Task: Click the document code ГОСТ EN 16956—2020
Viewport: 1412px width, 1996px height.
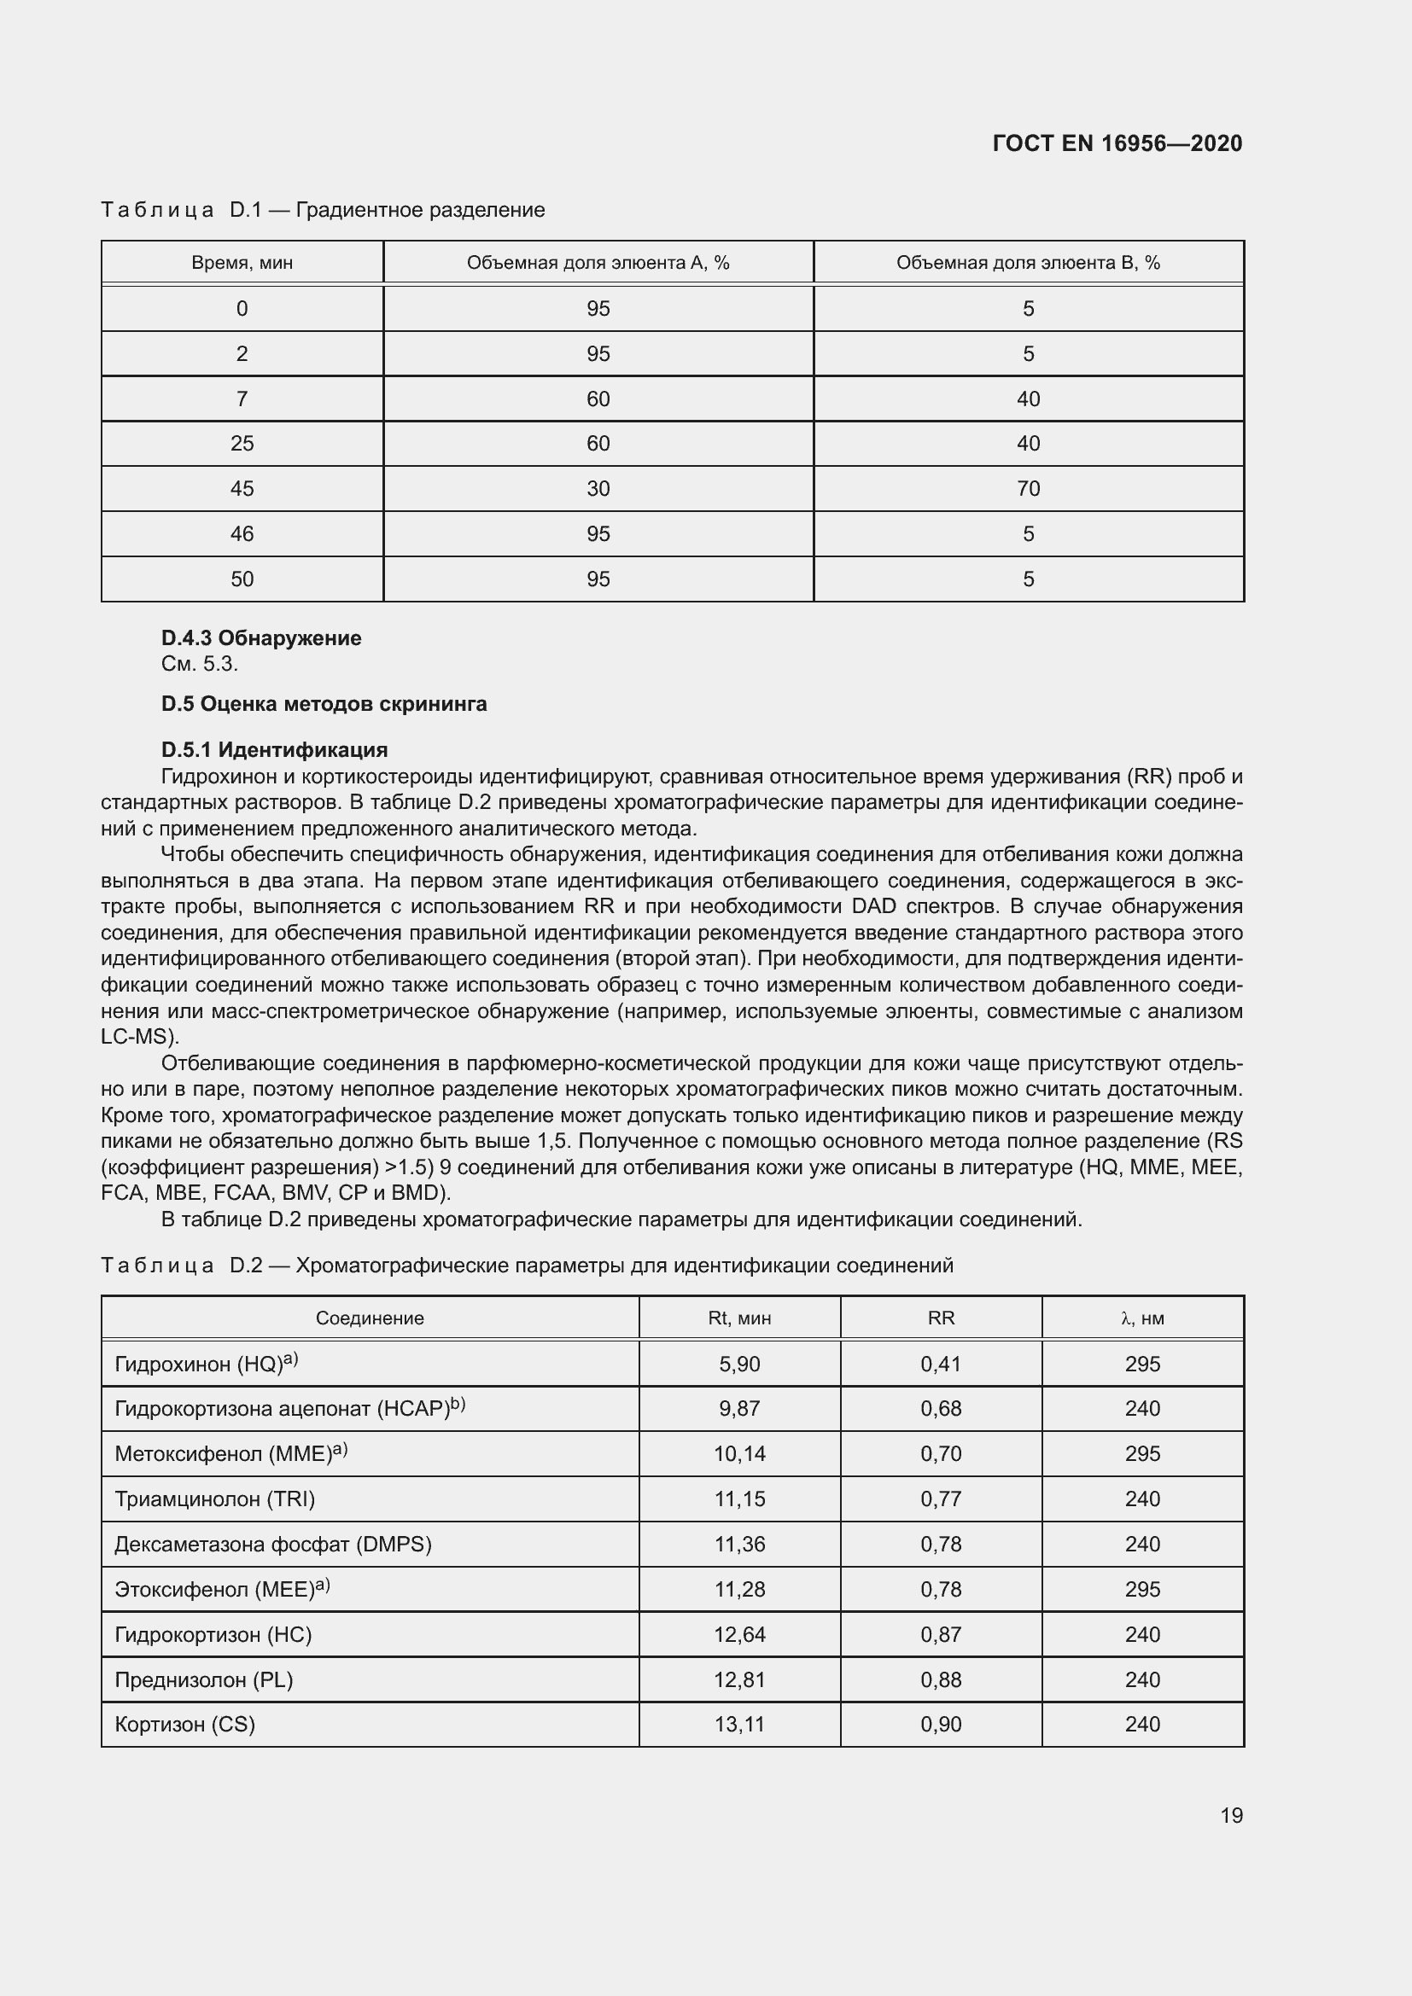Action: click(1117, 143)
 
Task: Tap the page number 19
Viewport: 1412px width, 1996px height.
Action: click(1231, 1815)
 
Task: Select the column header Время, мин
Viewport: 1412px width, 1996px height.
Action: click(242, 263)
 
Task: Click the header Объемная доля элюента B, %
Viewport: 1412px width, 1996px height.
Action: click(1028, 263)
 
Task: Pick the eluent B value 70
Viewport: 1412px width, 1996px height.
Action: click(1028, 489)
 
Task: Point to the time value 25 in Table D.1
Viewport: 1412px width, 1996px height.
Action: click(242, 444)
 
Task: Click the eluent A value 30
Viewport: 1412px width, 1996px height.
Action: click(598, 489)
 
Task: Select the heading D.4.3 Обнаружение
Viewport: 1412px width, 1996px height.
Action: click(261, 638)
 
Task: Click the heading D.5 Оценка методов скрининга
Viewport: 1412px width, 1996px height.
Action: click(324, 704)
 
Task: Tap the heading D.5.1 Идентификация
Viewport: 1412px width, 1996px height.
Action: click(274, 749)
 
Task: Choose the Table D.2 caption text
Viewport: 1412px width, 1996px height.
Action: click(527, 1265)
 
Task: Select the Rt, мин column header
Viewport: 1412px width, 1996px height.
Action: click(739, 1318)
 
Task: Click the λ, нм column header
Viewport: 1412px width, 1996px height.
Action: click(1142, 1318)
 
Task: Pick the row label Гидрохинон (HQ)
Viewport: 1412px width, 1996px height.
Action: click(205, 1364)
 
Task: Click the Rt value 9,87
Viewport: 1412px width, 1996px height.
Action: click(739, 1408)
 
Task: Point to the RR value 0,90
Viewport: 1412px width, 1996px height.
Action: click(941, 1724)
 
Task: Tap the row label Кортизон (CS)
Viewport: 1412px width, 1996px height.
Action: click(184, 1724)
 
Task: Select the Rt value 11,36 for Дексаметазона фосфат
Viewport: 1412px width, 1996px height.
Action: click(739, 1544)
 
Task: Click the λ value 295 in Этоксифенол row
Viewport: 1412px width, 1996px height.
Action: click(1142, 1589)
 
